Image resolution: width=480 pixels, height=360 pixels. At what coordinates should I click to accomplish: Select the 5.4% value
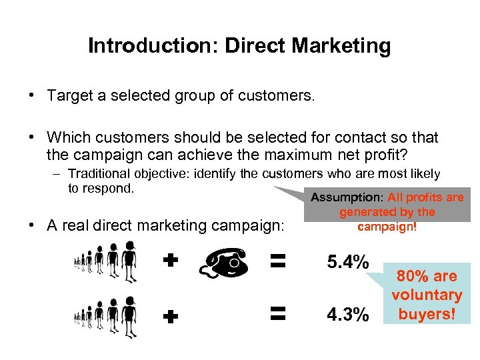tap(347, 262)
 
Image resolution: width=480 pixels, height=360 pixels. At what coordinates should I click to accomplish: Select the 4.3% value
tap(347, 313)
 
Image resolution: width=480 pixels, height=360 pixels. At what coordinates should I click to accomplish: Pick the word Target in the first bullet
tap(68, 95)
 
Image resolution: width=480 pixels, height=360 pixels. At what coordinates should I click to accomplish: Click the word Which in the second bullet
tap(67, 137)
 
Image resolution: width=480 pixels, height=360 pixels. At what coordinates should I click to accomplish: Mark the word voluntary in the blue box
tap(427, 295)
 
